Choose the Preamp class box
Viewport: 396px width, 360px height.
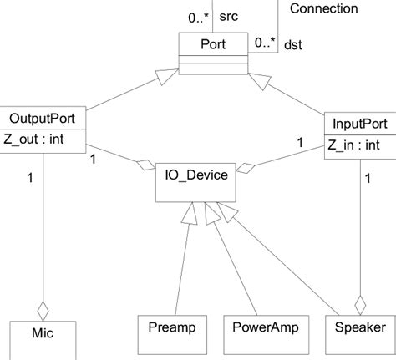(171, 326)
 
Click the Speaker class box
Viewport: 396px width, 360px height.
(360, 326)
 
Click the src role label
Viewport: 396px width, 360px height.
(226, 15)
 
